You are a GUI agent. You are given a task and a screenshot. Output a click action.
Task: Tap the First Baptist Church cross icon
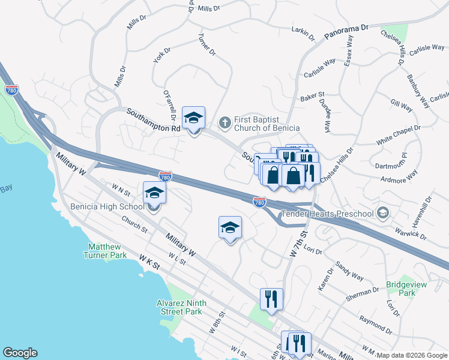pos(225,123)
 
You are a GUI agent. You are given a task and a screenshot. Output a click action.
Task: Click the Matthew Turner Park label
pos(107,251)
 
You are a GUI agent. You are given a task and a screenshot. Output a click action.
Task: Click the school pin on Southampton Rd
pos(193,118)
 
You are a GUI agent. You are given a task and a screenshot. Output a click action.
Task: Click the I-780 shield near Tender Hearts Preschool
pos(259,202)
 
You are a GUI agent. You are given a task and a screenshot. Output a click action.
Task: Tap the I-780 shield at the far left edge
pos(11,90)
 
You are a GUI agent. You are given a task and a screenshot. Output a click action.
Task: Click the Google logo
pos(20,353)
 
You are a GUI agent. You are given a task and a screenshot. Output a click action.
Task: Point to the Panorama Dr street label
pos(346,32)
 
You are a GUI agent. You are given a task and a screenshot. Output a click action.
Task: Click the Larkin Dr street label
pos(303,32)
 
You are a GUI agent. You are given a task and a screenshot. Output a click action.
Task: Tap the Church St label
pos(134,224)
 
